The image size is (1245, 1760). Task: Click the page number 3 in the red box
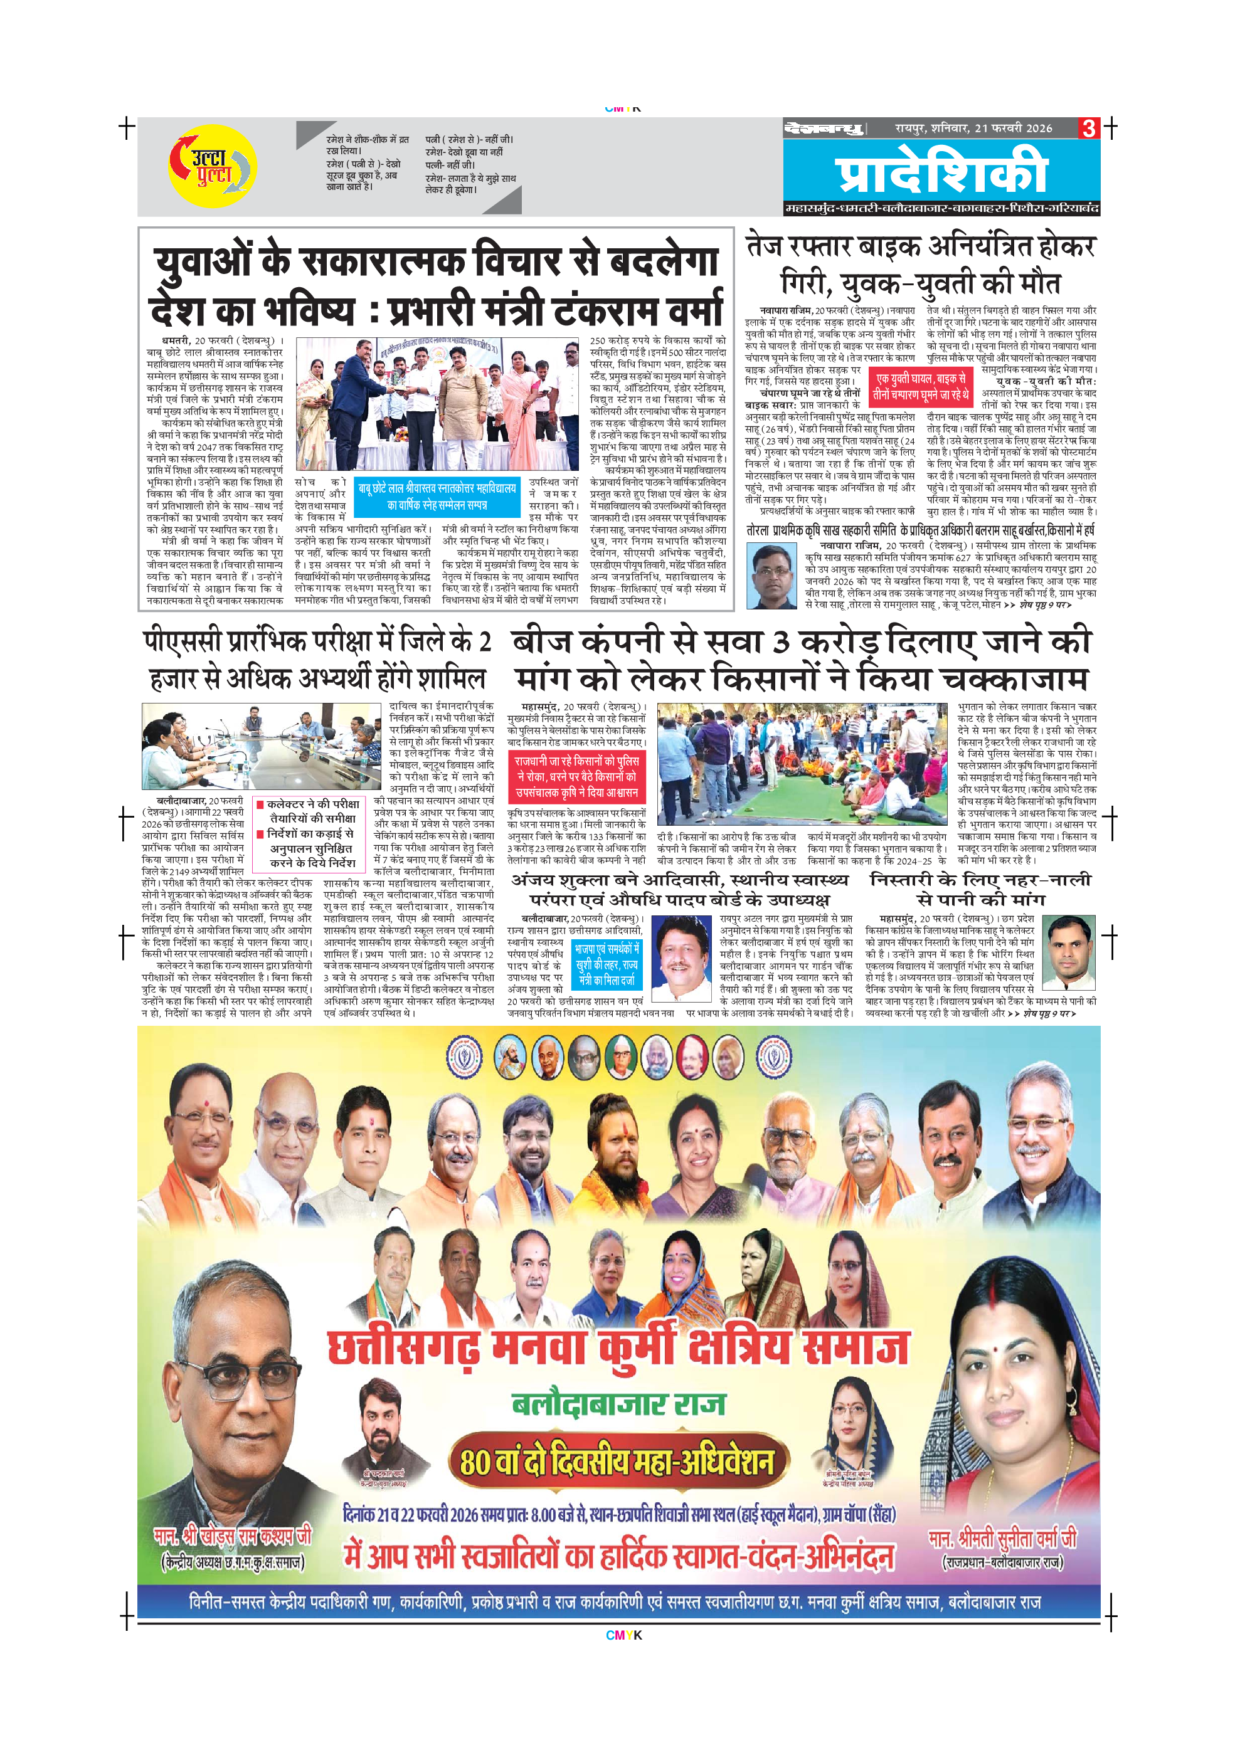(x=1089, y=128)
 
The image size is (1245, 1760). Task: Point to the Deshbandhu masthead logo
(x=824, y=128)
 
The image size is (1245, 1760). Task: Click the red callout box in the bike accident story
(x=921, y=386)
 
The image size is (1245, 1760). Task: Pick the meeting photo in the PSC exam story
(x=261, y=746)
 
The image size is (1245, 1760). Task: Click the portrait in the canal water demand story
(x=1068, y=953)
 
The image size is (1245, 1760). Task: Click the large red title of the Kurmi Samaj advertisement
(x=618, y=1347)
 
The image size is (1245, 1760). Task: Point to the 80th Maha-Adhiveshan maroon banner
(x=617, y=1462)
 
